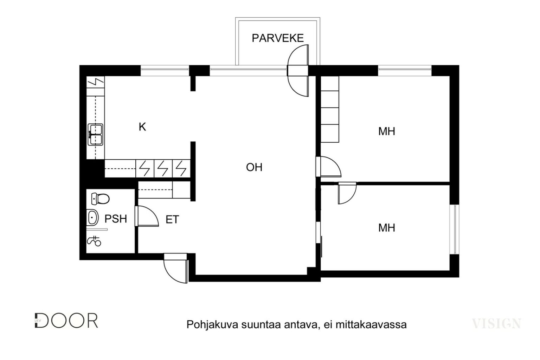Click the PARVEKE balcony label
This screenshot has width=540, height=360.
pyautogui.click(x=278, y=38)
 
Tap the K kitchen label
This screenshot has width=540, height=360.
pyautogui.click(x=142, y=127)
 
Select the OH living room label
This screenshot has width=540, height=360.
pyautogui.click(x=254, y=167)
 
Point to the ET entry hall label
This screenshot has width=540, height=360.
pyautogui.click(x=172, y=219)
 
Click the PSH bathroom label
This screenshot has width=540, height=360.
pyautogui.click(x=116, y=219)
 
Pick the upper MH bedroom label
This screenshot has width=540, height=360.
pyautogui.click(x=387, y=131)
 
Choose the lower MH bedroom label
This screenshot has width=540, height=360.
pyautogui.click(x=387, y=228)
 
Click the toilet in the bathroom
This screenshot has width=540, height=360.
pyautogui.click(x=100, y=199)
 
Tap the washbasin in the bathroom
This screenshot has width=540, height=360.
pyautogui.click(x=92, y=218)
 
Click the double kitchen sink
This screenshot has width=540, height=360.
pyautogui.click(x=96, y=135)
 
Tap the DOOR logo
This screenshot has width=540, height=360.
pyautogui.click(x=66, y=321)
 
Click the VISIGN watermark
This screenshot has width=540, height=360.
pyautogui.click(x=496, y=323)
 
